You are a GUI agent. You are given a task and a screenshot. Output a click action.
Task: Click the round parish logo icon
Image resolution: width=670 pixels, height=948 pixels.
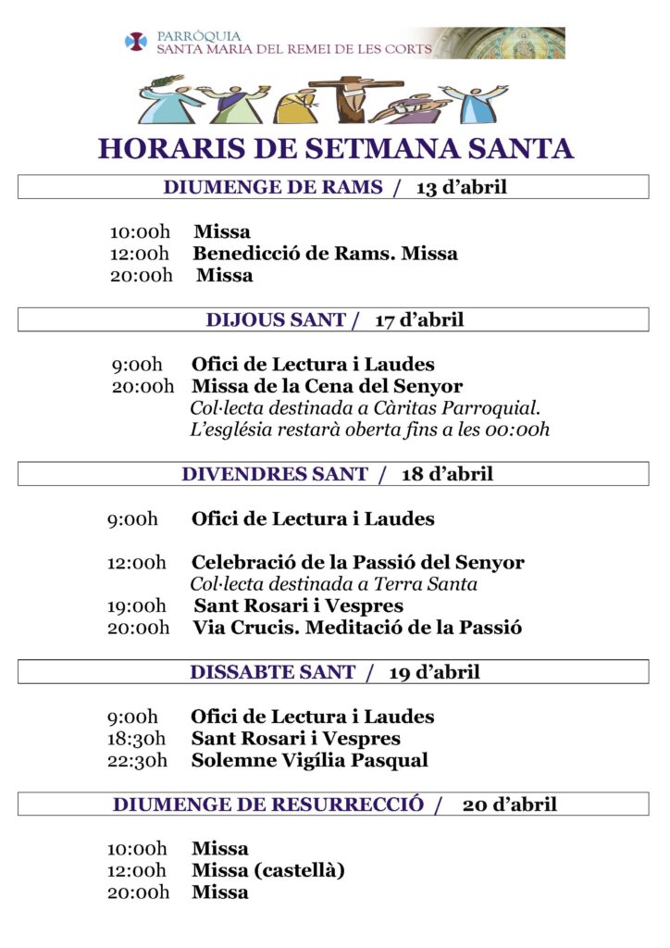[x=136, y=42]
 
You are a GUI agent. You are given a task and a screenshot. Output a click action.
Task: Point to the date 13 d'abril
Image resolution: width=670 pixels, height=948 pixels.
[x=461, y=187]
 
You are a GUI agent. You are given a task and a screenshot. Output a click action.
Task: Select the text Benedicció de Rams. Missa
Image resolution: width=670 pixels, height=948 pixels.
[x=325, y=253]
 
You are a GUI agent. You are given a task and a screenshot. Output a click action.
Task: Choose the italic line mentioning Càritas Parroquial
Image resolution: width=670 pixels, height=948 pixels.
[x=366, y=408]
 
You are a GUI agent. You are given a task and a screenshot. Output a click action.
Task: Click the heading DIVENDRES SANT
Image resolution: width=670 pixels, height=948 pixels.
[x=275, y=474]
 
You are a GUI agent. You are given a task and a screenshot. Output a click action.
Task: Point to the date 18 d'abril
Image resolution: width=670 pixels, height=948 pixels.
[x=447, y=474]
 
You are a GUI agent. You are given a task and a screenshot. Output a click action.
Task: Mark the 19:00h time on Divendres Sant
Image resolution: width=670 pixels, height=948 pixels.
[x=136, y=606]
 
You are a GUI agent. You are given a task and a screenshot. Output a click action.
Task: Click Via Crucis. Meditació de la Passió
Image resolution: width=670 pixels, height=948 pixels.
[x=357, y=628]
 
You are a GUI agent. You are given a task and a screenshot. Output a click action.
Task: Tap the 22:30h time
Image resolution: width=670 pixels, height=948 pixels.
[x=137, y=761]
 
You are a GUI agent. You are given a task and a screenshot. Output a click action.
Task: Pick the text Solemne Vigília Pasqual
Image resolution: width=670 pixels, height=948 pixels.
[x=309, y=761]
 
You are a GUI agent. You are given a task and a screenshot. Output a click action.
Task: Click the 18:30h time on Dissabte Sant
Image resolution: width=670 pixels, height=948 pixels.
[x=136, y=739]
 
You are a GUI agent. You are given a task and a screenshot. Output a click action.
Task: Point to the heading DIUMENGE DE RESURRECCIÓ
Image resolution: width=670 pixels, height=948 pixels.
[x=268, y=805]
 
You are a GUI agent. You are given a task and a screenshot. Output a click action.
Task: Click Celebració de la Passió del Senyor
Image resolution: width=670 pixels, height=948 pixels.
[x=357, y=563]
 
